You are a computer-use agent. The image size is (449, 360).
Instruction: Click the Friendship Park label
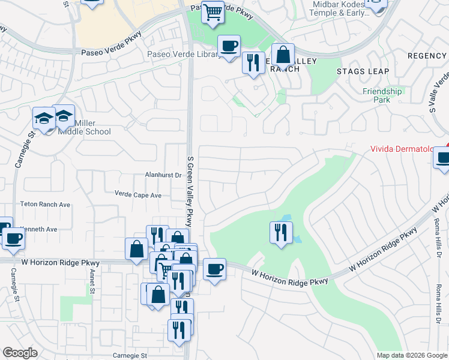click(x=382, y=95)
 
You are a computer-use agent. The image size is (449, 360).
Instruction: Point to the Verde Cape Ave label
click(x=138, y=195)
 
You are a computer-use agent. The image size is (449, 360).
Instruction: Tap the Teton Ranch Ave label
click(x=45, y=205)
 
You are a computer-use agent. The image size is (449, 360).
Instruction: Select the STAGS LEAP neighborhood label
click(x=363, y=71)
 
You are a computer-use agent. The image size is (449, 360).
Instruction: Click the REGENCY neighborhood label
click(x=427, y=56)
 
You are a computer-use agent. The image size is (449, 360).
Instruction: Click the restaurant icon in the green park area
click(x=280, y=231)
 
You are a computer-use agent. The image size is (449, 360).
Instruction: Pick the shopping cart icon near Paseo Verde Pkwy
click(x=212, y=11)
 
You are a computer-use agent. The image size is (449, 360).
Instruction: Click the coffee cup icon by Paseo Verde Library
click(x=228, y=46)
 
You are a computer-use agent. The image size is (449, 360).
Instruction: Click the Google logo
click(x=20, y=353)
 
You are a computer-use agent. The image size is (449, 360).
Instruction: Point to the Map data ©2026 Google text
click(x=412, y=355)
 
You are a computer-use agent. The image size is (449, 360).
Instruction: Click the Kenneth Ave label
click(x=40, y=229)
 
